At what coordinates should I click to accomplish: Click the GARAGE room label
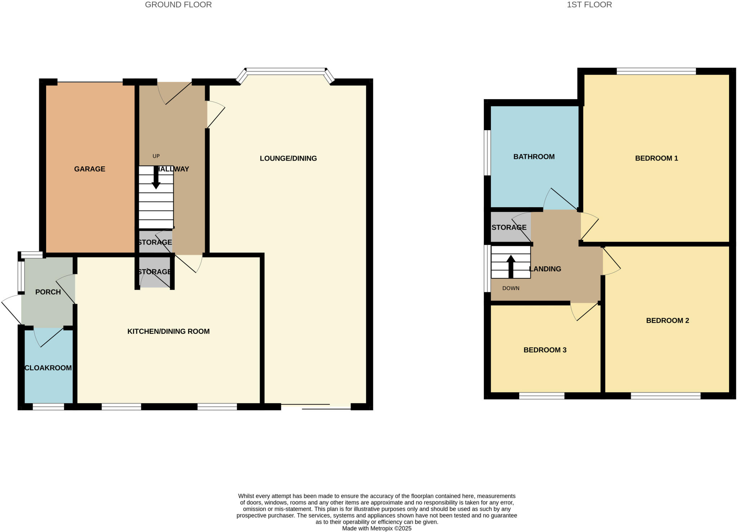click(x=89, y=169)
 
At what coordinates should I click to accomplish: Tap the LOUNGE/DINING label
click(x=288, y=158)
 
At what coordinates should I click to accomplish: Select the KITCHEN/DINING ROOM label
click(x=168, y=331)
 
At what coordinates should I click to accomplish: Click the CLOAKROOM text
click(x=48, y=368)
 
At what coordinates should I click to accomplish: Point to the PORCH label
click(x=48, y=292)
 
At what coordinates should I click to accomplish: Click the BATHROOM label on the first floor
click(x=534, y=156)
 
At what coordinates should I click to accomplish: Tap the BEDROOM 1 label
click(x=656, y=158)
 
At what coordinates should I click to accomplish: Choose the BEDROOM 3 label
click(x=545, y=350)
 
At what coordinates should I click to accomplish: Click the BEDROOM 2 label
click(x=667, y=320)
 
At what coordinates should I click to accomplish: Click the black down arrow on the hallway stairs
click(x=156, y=178)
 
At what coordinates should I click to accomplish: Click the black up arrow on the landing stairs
click(x=511, y=267)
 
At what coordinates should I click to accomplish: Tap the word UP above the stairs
click(x=156, y=156)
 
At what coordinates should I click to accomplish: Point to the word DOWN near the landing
click(x=511, y=288)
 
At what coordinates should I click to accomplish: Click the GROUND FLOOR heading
click(x=178, y=5)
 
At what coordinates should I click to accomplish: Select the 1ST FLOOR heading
click(x=589, y=5)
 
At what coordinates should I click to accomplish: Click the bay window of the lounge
click(x=285, y=71)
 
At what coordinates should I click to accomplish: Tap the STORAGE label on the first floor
click(x=509, y=227)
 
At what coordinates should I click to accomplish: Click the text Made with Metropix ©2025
click(x=377, y=528)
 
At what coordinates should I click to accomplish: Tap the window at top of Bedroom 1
click(x=656, y=71)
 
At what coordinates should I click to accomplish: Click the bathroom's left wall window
click(x=487, y=152)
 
